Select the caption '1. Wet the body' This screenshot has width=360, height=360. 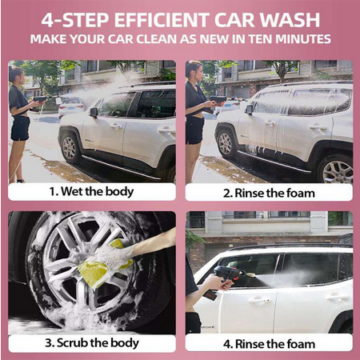(x=91, y=191)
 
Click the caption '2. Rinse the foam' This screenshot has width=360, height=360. (x=269, y=193)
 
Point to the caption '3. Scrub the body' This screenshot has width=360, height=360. (x=92, y=343)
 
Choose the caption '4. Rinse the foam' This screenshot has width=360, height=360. (x=269, y=344)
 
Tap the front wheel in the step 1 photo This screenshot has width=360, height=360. (x=70, y=147)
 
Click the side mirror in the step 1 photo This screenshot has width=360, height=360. (x=94, y=113)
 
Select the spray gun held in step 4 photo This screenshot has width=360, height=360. (x=230, y=274)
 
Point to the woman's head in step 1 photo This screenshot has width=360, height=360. (x=16, y=74)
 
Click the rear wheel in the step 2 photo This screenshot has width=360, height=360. (x=337, y=170)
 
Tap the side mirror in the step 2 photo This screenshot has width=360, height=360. (x=250, y=110)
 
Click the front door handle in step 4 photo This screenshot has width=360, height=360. (x=259, y=300)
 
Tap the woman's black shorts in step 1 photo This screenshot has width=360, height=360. (x=20, y=128)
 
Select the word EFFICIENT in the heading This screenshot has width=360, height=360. (x=162, y=20)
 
